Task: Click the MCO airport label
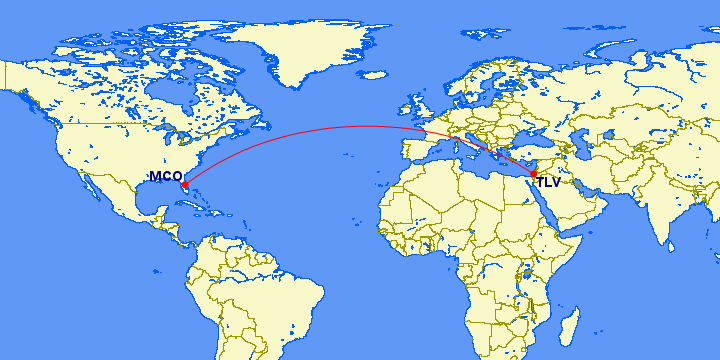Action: [165, 177]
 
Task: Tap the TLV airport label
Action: [548, 182]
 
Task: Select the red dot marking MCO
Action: [185, 184]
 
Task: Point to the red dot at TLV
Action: [534, 175]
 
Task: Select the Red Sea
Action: [546, 206]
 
